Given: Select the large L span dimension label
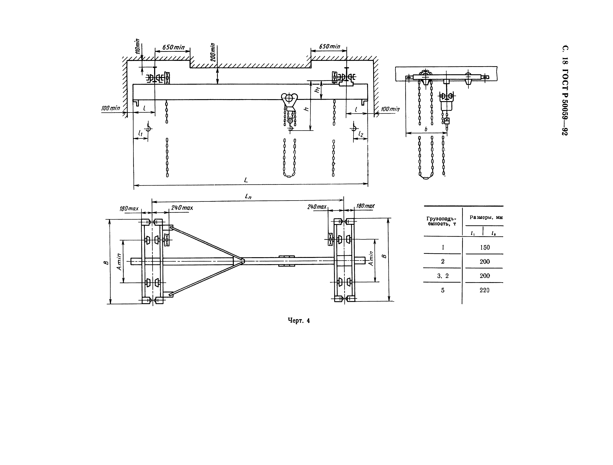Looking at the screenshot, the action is click(246, 180).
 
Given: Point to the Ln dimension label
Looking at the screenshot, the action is click(248, 197).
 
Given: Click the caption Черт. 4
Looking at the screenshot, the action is click(299, 321).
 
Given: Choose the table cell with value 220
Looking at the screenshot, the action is click(484, 290).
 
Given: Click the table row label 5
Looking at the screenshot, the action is click(443, 290).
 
